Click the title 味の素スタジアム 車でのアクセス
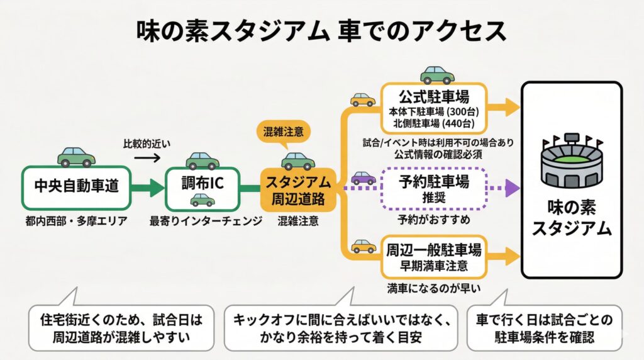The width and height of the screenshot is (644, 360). pos(322,30)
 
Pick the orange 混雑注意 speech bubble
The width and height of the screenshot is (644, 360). pos(284,132)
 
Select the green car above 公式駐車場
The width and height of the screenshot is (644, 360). pos(437,74)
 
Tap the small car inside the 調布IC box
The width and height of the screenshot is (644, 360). pos(203,200)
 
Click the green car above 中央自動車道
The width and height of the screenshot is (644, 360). pos(76,155)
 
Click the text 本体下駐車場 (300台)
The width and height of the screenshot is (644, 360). pos(434,111)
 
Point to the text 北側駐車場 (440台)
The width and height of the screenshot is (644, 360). pos(434,123)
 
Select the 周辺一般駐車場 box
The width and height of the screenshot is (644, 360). pos(434,256)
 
